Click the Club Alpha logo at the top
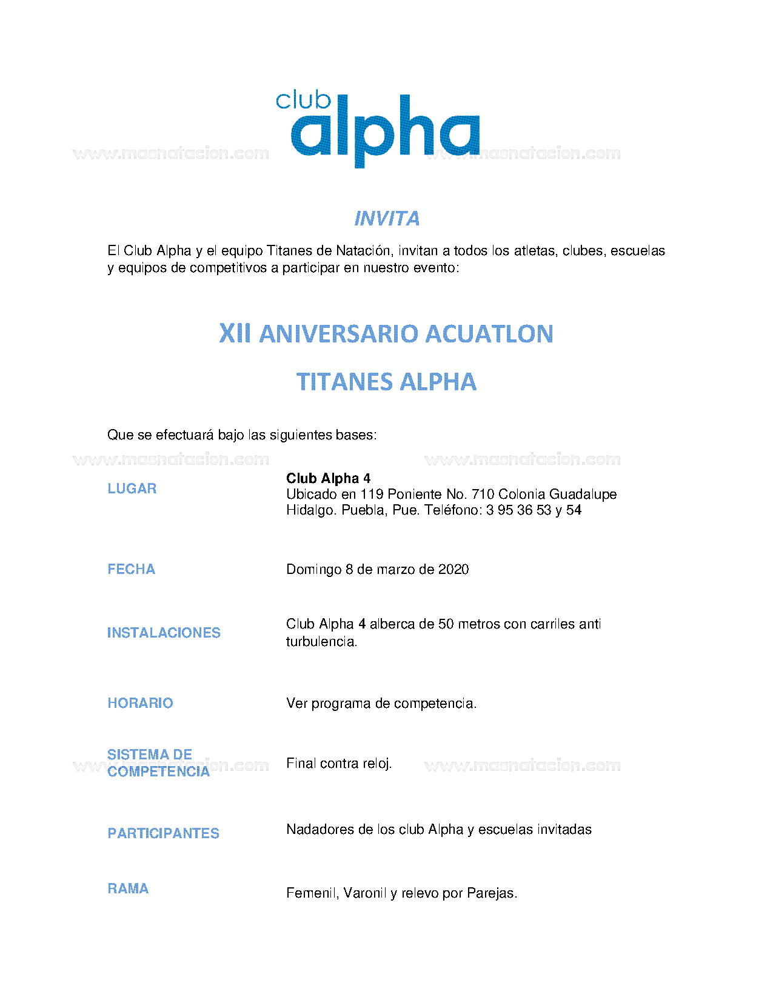coord(378,128)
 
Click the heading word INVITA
coord(387,218)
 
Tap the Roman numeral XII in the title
coord(235,333)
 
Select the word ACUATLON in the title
coord(489,333)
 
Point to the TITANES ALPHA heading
coord(386,382)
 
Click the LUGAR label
coord(132,488)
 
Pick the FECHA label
coord(131,569)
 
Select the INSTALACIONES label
coord(164,633)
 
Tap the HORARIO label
coord(140,703)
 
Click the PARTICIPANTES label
coord(163,833)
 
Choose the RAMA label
coord(128,888)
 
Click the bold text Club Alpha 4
coord(328,478)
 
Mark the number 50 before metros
coord(446,624)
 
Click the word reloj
coord(376,764)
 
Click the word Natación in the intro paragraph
coord(363,250)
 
